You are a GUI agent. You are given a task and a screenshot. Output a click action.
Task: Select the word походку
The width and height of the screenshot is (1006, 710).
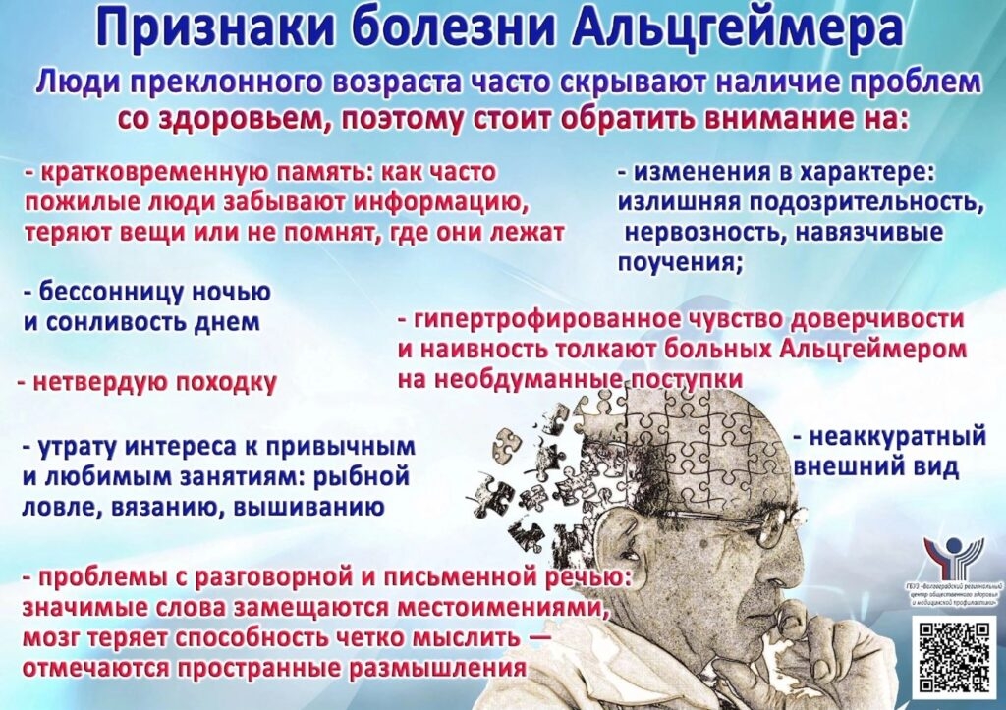[225, 382]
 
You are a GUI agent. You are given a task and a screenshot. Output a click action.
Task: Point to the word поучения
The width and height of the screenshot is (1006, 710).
[679, 262]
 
